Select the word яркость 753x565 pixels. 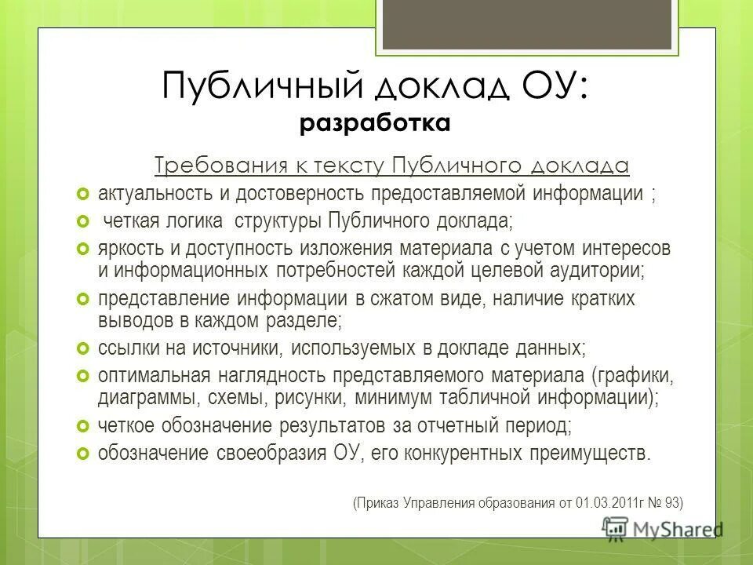click(x=129, y=249)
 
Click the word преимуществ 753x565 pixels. click(x=601, y=454)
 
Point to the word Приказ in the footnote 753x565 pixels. click(x=378, y=502)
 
